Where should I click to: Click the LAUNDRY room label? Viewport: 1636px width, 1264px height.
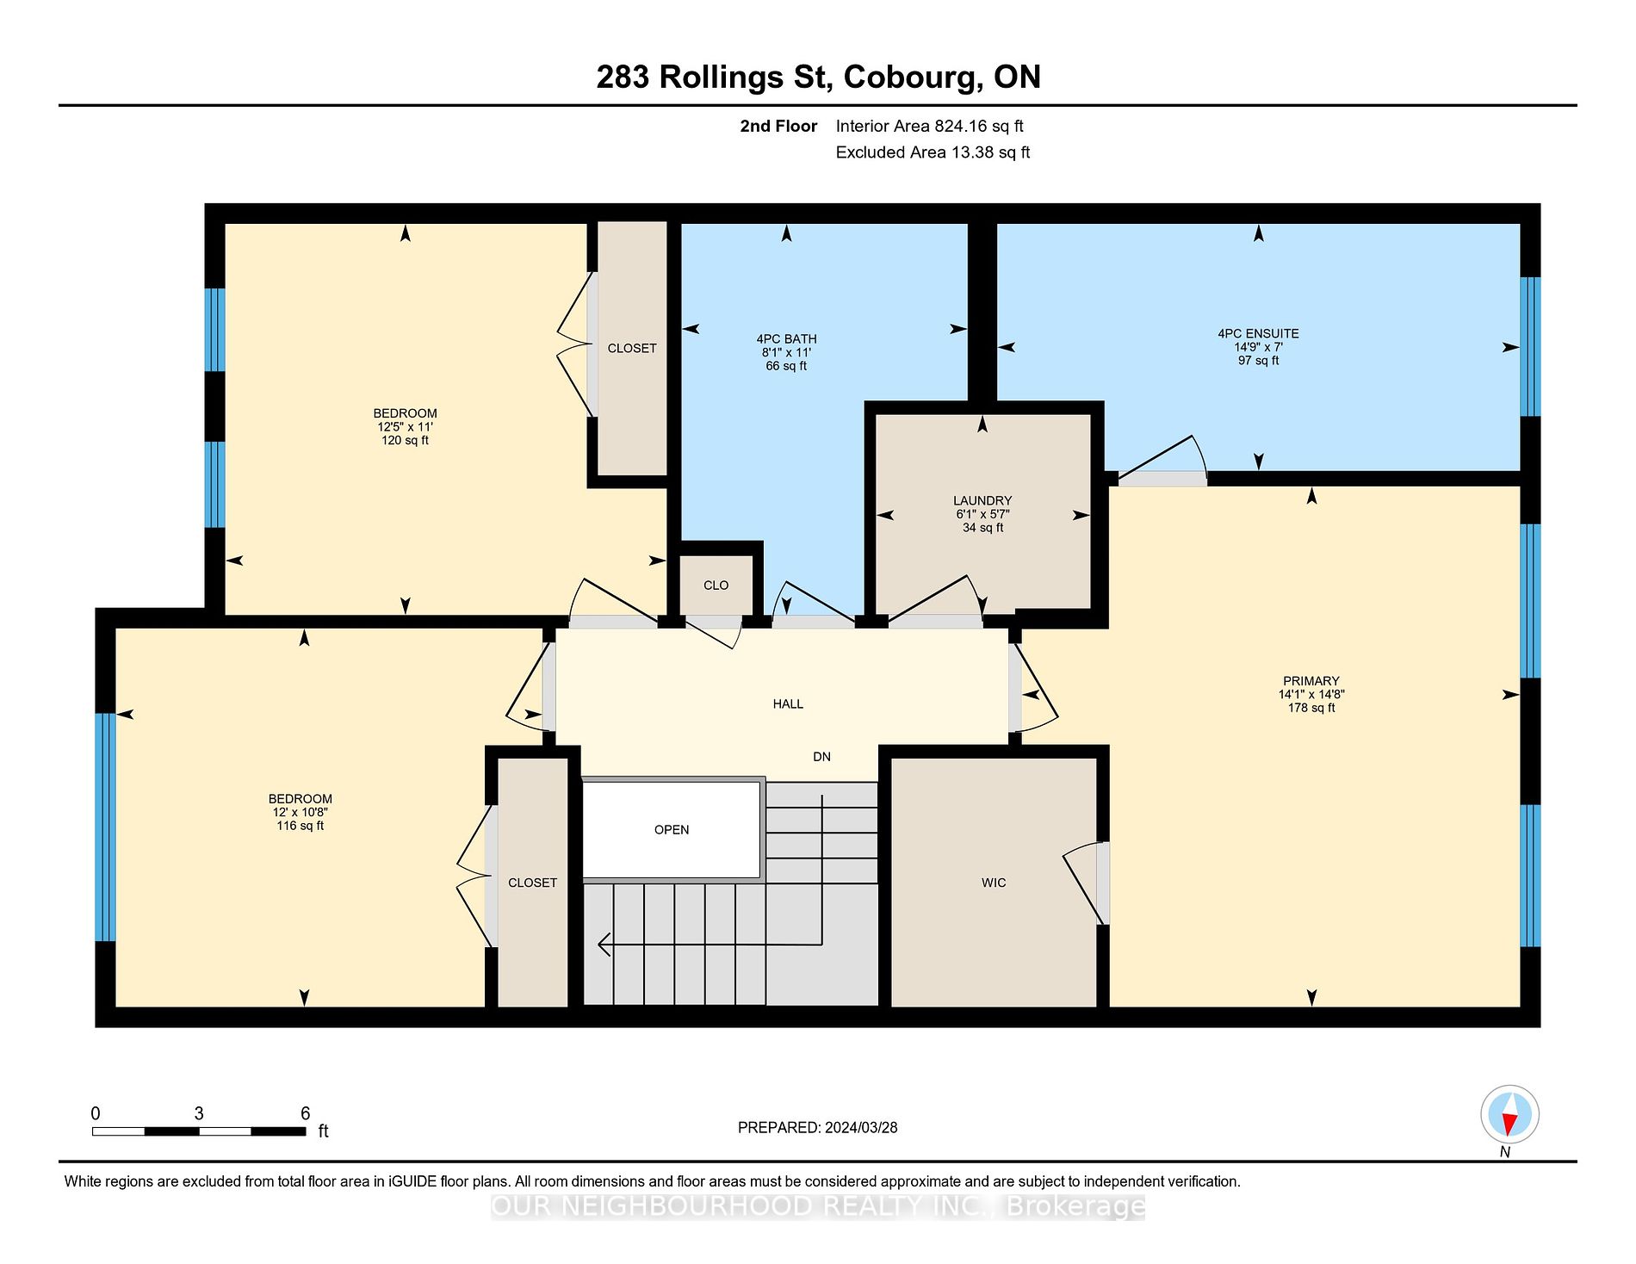tap(982, 500)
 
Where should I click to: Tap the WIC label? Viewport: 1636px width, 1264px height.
tap(994, 883)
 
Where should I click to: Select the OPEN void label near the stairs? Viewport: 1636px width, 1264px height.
tap(672, 830)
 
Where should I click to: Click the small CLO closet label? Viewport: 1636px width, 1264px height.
tap(716, 586)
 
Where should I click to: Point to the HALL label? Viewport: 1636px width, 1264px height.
tap(788, 704)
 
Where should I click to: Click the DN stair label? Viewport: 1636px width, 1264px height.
tap(822, 757)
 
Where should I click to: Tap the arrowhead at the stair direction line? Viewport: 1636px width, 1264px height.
tap(604, 945)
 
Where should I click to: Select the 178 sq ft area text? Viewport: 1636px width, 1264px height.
tap(1311, 708)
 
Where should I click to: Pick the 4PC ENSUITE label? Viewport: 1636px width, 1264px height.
tap(1258, 333)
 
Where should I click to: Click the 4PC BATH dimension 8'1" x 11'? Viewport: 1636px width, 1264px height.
tap(786, 352)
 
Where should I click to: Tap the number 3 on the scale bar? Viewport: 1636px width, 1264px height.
tap(199, 1113)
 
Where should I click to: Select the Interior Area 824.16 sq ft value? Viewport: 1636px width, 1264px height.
tap(930, 127)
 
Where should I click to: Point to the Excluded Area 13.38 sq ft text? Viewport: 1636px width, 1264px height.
tap(933, 152)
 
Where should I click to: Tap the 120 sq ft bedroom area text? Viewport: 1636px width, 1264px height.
tap(405, 440)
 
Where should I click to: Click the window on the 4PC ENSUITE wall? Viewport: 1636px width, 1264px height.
tap(1530, 347)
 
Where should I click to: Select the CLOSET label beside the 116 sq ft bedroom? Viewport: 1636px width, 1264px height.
tap(532, 883)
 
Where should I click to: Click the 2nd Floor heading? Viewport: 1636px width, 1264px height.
tap(778, 127)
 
